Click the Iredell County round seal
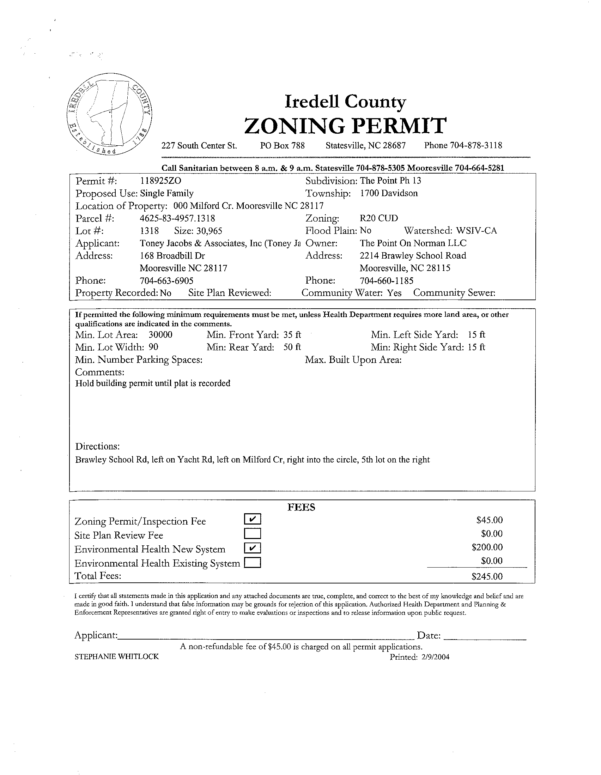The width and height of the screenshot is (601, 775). click(x=110, y=115)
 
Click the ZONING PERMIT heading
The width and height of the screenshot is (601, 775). click(x=345, y=126)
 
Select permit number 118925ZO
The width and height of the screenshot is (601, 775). click(x=160, y=181)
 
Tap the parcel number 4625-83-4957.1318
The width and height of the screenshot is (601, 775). click(x=177, y=218)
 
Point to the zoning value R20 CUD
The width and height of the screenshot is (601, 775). click(x=378, y=218)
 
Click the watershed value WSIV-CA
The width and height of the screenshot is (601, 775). click(x=476, y=231)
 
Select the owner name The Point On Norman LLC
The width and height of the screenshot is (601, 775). click(x=413, y=243)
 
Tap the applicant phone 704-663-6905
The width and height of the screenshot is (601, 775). click(x=166, y=281)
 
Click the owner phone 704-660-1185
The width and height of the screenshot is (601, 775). click(x=386, y=281)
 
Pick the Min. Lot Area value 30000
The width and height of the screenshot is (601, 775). click(x=160, y=335)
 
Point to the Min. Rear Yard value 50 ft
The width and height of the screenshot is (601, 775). click(x=292, y=347)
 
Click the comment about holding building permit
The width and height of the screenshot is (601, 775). click(x=153, y=383)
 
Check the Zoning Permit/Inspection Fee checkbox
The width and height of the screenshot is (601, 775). click(x=253, y=519)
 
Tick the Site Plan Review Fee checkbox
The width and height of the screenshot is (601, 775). click(x=253, y=533)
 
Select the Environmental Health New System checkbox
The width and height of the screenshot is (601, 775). click(x=253, y=548)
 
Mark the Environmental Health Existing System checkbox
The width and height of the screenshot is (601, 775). click(x=253, y=563)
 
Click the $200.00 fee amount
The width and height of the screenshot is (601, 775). click(x=487, y=547)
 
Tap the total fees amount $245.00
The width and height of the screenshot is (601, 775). click(x=487, y=576)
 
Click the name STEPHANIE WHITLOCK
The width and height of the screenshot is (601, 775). click(x=117, y=656)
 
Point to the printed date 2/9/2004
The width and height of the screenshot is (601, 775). click(x=435, y=657)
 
